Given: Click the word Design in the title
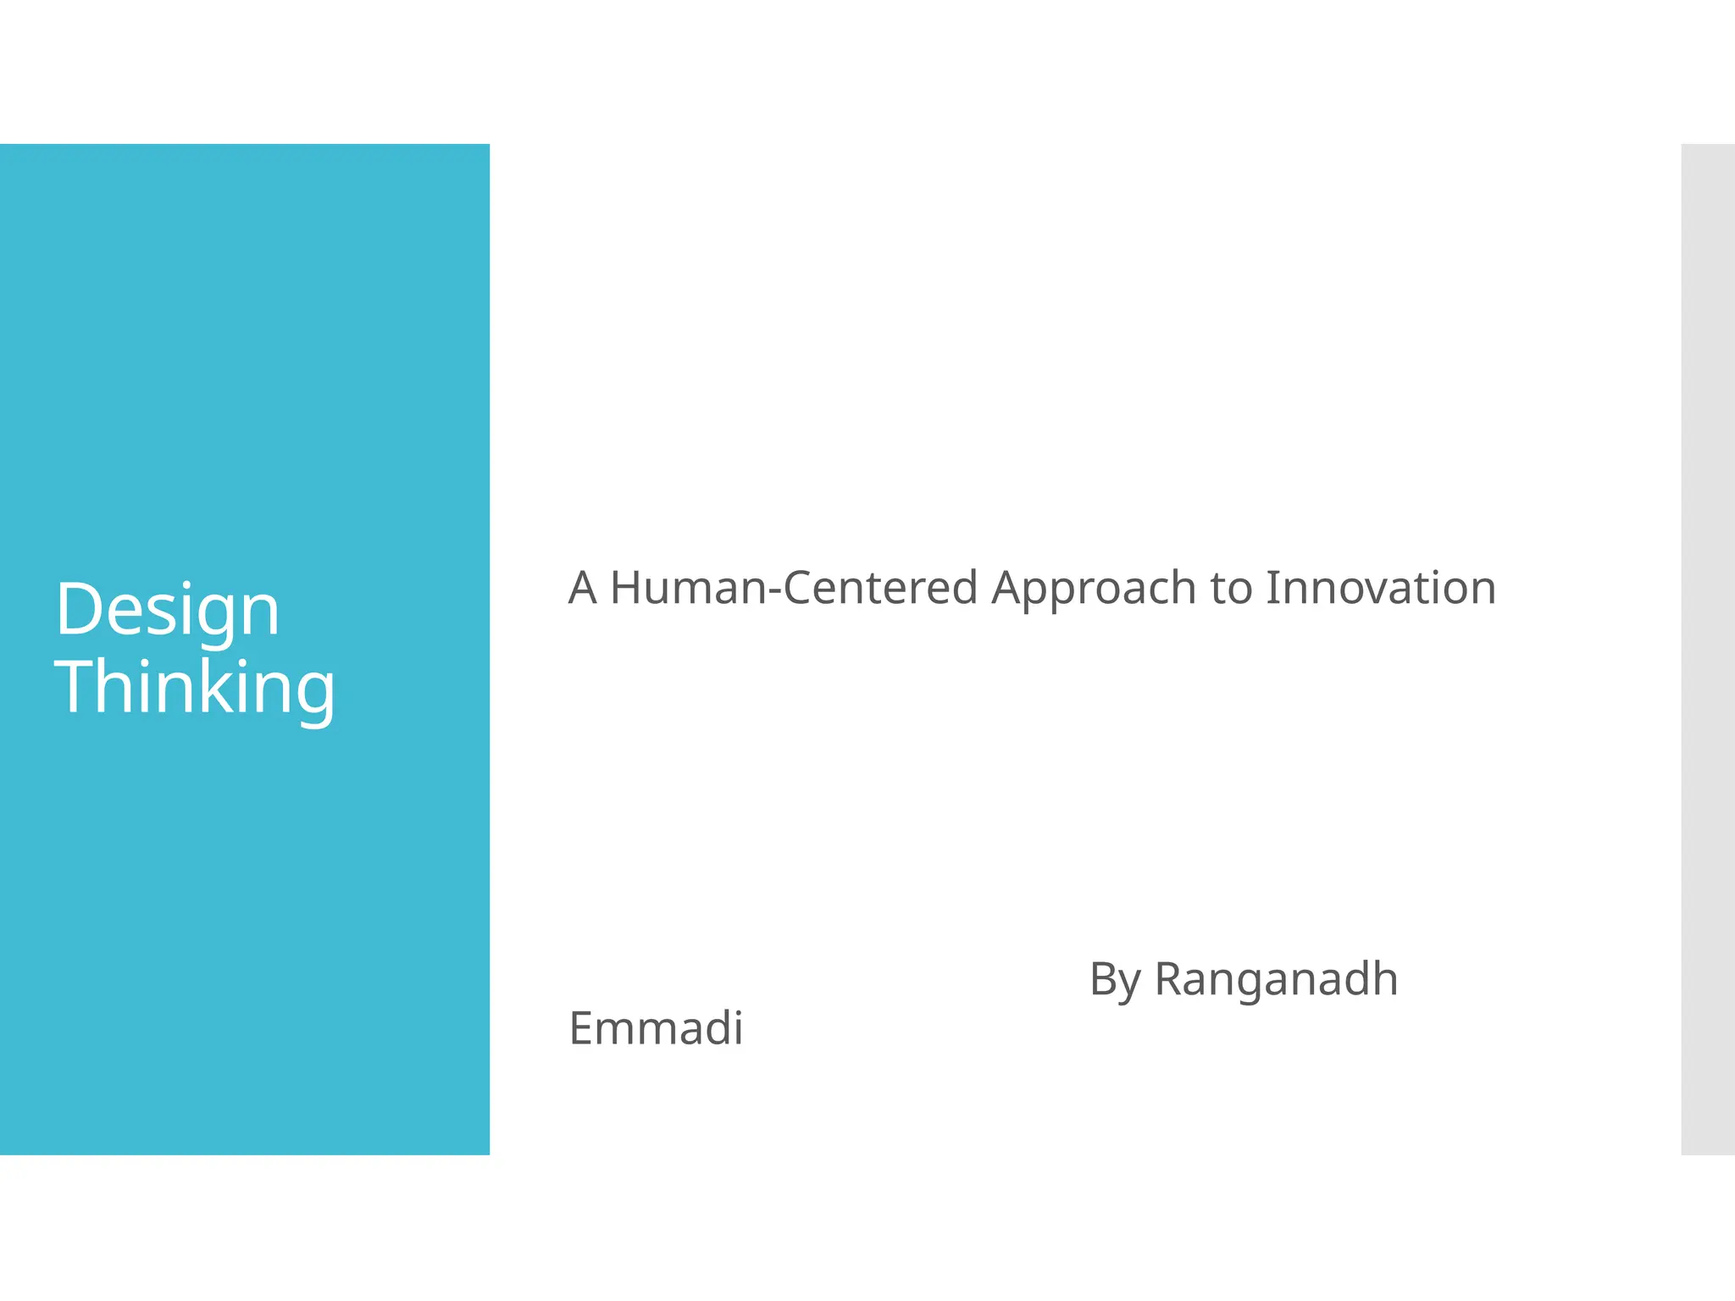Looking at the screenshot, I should click(167, 612).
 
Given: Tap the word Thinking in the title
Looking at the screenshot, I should click(195, 688).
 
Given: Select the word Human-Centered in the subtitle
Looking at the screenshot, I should click(794, 588).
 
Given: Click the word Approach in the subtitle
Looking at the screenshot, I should click(1094, 590).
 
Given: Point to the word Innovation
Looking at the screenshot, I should click(1380, 588).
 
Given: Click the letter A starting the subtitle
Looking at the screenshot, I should click(582, 588).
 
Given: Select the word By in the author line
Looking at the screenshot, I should click(1115, 981).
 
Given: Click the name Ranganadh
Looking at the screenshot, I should click(1276, 981).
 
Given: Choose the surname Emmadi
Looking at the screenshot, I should click(656, 1028).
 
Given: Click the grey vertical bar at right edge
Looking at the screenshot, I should click(1707, 649).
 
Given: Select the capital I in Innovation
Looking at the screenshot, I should click(1272, 588).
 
